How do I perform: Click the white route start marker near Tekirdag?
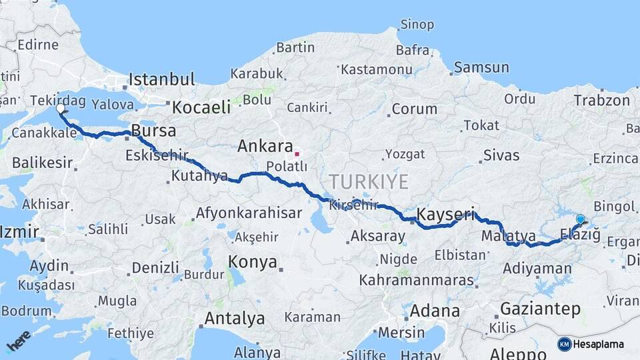61,108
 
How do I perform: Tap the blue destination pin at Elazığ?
580,219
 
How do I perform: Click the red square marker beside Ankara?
297,154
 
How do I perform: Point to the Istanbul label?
161,79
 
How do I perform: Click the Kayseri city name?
445,215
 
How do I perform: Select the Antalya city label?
234,319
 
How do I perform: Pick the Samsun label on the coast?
481,67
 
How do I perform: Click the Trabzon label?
601,101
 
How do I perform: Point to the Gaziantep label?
540,309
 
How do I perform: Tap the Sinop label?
417,25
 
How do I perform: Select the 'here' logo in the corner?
19,341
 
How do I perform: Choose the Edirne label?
38,45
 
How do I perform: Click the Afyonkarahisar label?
249,213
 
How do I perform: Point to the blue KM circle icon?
565,344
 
